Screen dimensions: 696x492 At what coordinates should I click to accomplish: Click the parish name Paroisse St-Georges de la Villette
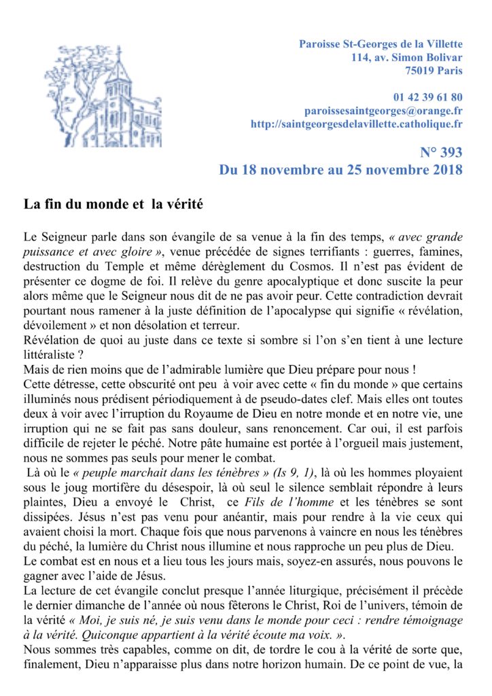(x=381, y=44)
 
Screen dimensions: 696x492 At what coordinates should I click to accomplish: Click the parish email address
(x=384, y=110)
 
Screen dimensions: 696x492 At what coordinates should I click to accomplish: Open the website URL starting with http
(x=357, y=124)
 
